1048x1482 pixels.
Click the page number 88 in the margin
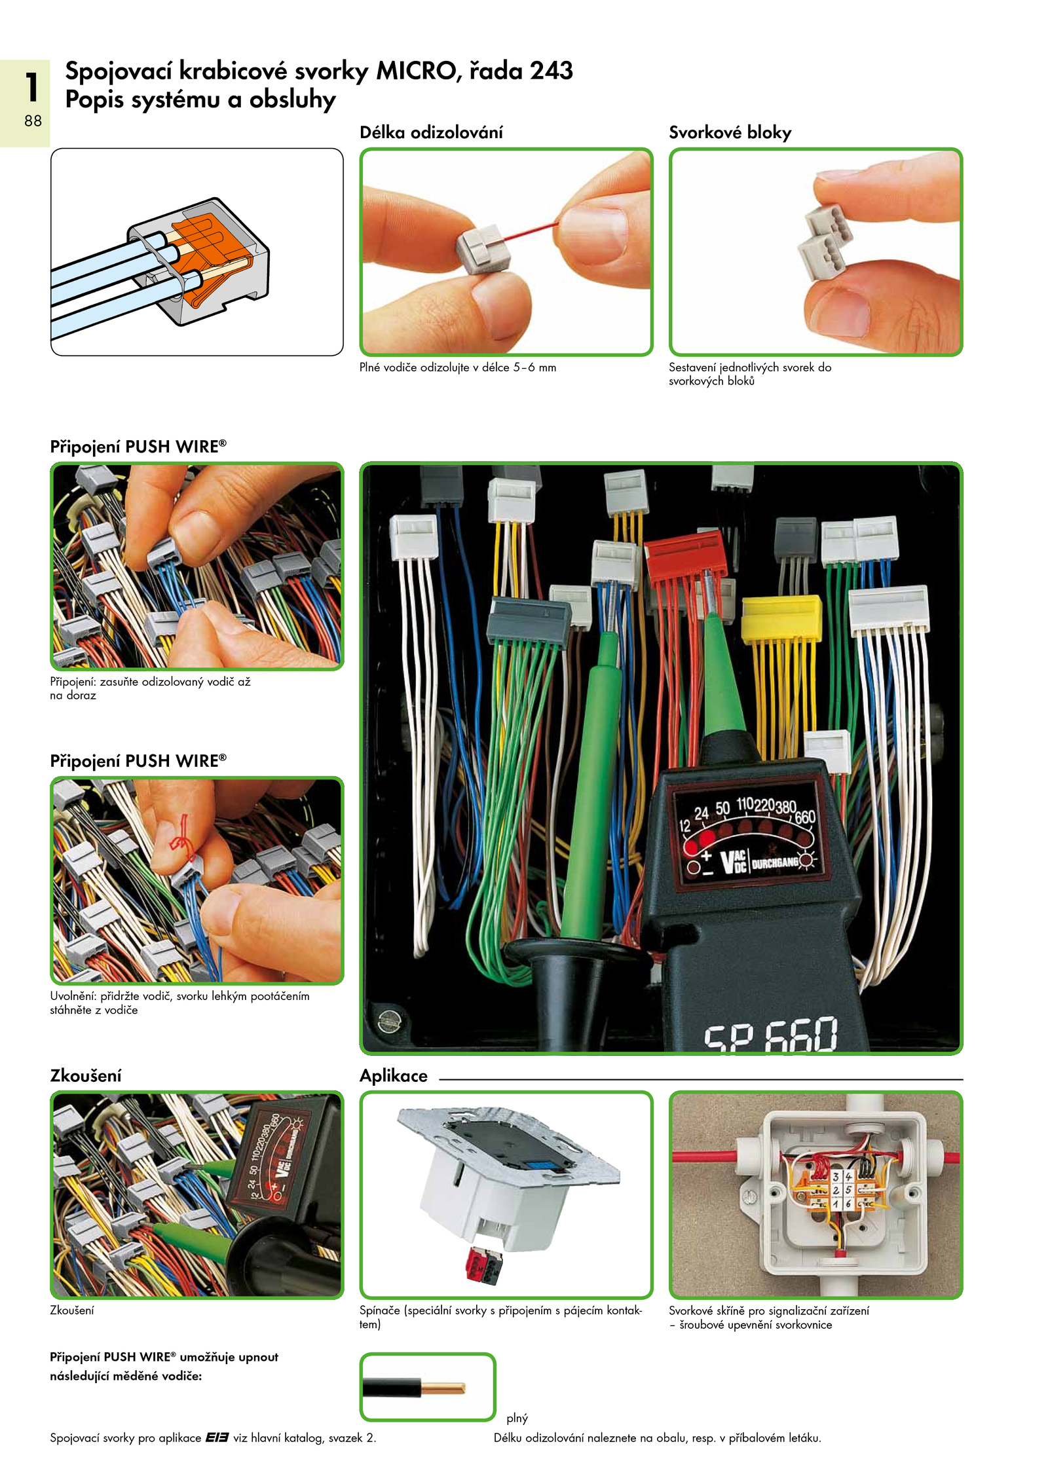pos(33,120)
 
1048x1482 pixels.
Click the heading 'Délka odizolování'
pos(431,132)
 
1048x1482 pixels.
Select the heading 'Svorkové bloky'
pos(730,133)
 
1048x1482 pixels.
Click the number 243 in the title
pos(552,71)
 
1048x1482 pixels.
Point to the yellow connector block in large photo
pos(781,618)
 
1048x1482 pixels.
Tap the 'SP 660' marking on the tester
pos(770,1033)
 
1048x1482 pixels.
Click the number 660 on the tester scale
pos(805,817)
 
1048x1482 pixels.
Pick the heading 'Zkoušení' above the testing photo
pos(86,1076)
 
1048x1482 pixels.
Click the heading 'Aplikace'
pos(393,1076)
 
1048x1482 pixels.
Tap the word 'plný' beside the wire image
pos(517,1418)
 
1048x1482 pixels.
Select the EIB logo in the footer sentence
pos(217,1437)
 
